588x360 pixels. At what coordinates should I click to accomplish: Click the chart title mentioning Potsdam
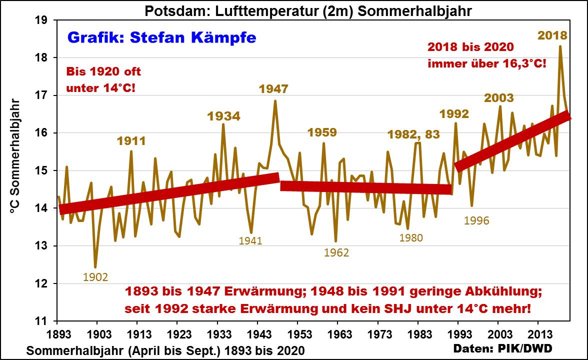click(294, 10)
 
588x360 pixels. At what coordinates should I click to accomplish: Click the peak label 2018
click(552, 35)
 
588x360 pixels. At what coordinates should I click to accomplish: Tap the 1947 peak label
click(273, 89)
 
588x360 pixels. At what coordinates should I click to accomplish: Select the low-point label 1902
click(95, 277)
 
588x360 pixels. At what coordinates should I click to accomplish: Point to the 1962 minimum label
click(336, 252)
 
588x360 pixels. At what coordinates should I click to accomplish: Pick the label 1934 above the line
click(223, 116)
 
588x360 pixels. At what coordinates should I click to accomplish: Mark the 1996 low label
click(476, 220)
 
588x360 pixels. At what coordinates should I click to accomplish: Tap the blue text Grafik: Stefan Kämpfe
click(161, 37)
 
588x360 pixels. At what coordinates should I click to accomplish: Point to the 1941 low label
click(250, 240)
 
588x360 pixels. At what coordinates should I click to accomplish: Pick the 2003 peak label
click(499, 97)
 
